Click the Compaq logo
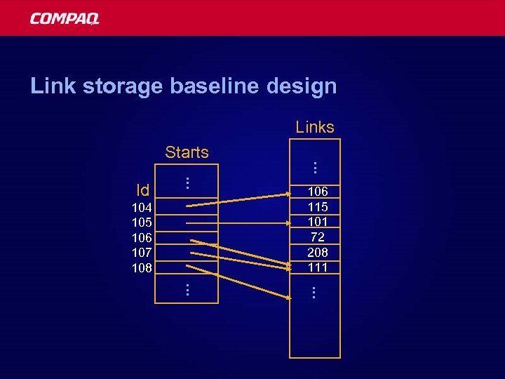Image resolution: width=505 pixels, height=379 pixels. [x=65, y=18]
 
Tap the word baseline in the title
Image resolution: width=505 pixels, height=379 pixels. [x=214, y=86]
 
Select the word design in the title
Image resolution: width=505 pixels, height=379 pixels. [x=302, y=86]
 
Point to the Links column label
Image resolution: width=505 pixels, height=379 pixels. [x=315, y=127]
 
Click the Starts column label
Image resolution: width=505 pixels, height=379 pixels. [x=187, y=152]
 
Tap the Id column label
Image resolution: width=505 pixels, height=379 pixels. [x=143, y=190]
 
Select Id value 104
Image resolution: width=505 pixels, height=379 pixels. [x=142, y=207]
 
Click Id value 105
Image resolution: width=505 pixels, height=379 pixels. [x=142, y=222]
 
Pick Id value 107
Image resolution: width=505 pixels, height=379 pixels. [x=142, y=252]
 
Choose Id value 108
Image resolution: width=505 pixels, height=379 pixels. [x=142, y=267]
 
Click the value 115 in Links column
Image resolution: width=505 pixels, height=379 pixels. [x=318, y=207]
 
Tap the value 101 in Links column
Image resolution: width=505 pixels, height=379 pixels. [x=318, y=222]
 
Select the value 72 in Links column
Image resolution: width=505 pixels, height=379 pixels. [x=318, y=237]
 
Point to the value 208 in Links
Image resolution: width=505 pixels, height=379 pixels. [x=318, y=252]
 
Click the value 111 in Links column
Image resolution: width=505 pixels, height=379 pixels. [x=318, y=267]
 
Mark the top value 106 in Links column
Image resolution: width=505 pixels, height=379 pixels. [x=318, y=192]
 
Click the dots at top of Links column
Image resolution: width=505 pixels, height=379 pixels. [x=316, y=168]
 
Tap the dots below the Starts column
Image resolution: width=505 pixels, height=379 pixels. [x=187, y=288]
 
